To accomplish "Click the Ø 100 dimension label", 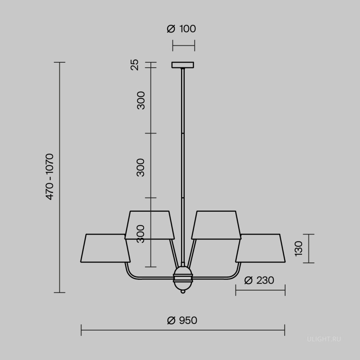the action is [181, 29].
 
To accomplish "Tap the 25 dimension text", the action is [134, 65].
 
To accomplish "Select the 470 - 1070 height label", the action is [50, 177].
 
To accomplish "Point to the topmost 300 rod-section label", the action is [141, 100].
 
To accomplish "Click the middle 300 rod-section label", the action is [141, 168].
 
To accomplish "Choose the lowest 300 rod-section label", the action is [141, 234].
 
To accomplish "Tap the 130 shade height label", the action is [298, 249].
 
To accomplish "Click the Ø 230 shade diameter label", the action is [259, 280].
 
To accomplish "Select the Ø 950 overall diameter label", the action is [182, 320].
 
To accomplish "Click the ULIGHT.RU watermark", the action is [324, 339].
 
